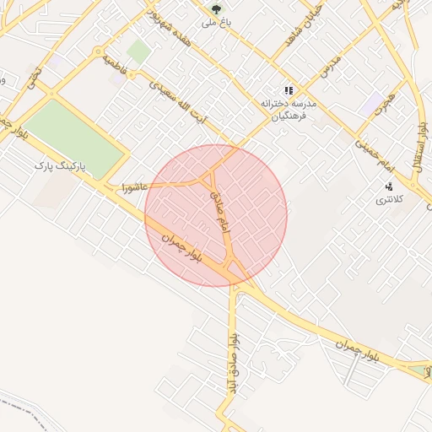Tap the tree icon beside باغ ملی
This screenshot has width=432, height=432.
click(x=218, y=9)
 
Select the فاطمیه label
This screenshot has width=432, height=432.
click(x=114, y=66)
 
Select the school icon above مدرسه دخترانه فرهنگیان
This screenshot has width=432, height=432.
click(x=289, y=90)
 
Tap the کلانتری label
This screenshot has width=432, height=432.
click(x=389, y=200)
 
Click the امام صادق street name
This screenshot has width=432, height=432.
click(x=219, y=211)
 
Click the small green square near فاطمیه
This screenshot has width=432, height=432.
click(x=138, y=52)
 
